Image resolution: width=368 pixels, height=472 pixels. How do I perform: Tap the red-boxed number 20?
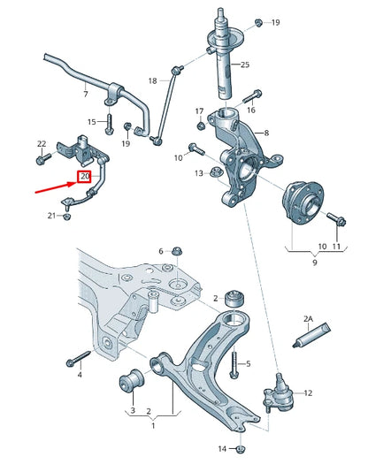[85, 177]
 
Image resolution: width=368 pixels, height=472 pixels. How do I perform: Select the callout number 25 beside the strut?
[245, 65]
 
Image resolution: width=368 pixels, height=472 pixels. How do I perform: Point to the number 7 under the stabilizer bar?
[85, 94]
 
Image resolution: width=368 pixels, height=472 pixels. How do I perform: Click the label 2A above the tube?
[309, 317]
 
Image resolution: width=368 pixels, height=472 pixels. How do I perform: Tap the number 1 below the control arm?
[153, 424]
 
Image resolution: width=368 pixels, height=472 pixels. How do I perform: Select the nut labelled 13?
[217, 172]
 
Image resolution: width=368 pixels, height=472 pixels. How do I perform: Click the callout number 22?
[42, 143]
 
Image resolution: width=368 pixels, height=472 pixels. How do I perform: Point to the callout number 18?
[152, 80]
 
